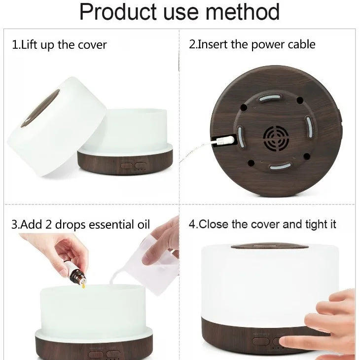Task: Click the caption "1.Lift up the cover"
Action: point(59,45)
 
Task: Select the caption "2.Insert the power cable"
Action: point(252,44)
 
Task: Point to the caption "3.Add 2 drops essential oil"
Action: point(80,225)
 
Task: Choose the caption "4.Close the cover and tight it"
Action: point(262,224)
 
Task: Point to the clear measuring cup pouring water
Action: point(158,266)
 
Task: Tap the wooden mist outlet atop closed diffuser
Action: point(269,245)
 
